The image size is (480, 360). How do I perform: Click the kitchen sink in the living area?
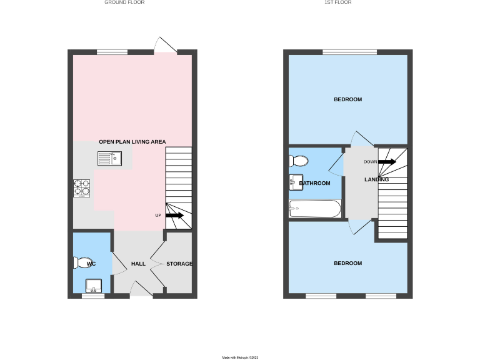(x=112, y=159)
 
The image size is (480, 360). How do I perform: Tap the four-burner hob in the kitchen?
(x=82, y=188)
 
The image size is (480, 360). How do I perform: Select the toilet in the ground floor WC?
(x=82, y=263)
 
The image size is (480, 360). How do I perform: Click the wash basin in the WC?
(x=94, y=286)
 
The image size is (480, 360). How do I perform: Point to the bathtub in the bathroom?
(x=315, y=208)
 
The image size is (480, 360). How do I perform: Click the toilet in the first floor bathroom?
(x=298, y=161)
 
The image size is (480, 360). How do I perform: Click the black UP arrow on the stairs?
(x=174, y=215)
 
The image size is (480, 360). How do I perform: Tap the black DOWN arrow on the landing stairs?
(x=386, y=161)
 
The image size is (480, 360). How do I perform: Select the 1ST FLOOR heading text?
(x=337, y=2)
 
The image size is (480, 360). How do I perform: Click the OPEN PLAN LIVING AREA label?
(x=132, y=142)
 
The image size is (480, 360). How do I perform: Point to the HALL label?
(x=138, y=264)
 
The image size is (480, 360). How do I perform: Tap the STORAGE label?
(x=179, y=264)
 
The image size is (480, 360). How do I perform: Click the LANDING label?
(x=377, y=179)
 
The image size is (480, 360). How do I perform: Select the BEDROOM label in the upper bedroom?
(x=347, y=99)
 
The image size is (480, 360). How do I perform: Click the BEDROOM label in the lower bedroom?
(x=347, y=263)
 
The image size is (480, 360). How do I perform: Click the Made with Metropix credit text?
(x=240, y=357)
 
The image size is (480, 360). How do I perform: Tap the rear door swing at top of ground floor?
(x=165, y=45)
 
